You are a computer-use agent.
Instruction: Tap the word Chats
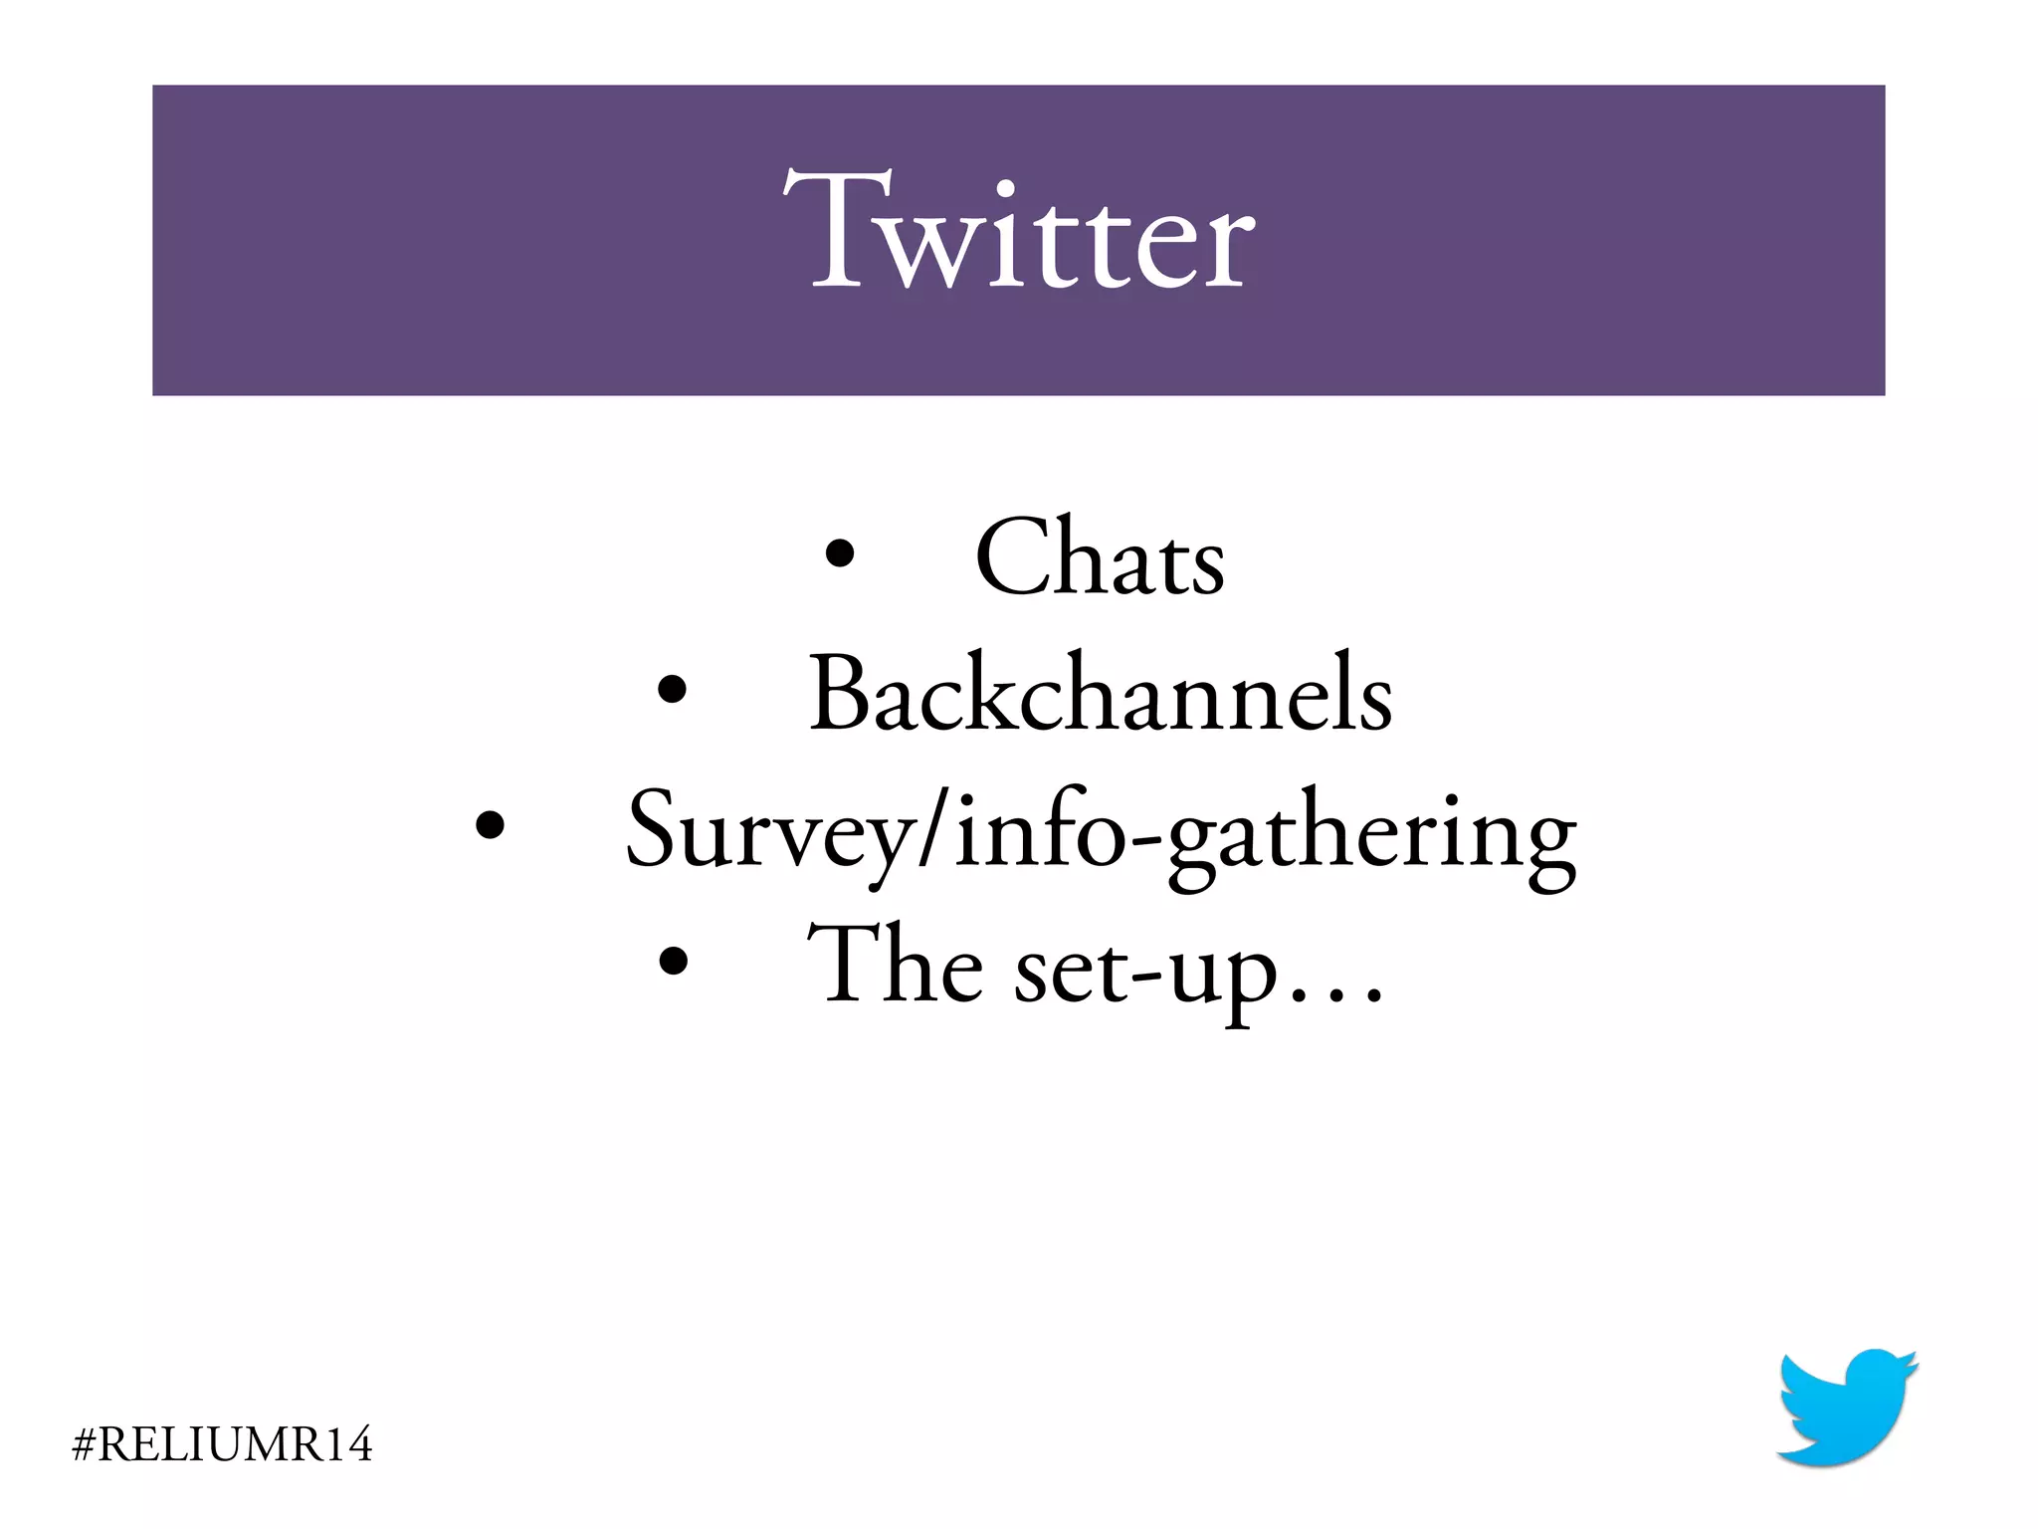[1100, 559]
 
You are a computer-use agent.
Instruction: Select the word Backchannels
[1100, 694]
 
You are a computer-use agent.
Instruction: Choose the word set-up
[1144, 971]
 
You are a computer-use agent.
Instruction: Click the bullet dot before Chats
[840, 553]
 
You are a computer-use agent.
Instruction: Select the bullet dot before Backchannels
[673, 689]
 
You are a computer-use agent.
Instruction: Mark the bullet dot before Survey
[489, 824]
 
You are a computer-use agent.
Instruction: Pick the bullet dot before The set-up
[674, 961]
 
